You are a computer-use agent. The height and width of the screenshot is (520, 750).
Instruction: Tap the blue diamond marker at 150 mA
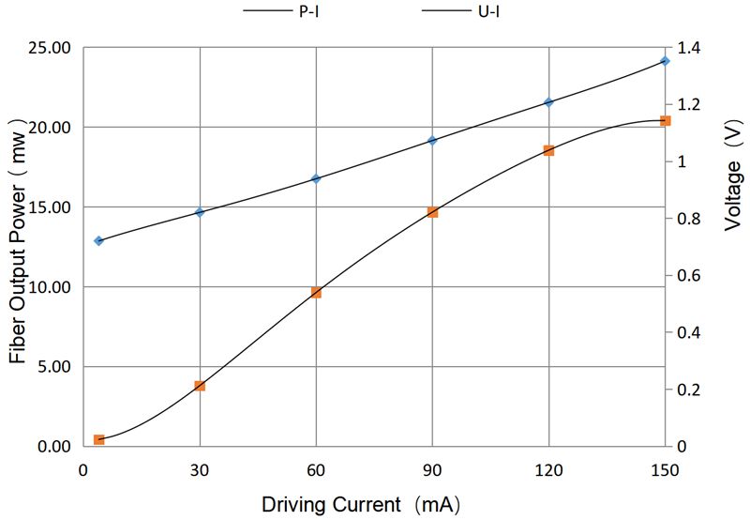665,61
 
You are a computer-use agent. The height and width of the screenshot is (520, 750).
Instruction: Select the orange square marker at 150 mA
665,120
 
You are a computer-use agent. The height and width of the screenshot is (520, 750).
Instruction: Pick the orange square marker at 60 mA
316,293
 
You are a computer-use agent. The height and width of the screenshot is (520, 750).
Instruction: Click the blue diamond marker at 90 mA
432,141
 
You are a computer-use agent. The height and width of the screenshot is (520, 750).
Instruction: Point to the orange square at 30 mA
200,386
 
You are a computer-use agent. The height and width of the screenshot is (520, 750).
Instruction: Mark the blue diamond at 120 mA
548,102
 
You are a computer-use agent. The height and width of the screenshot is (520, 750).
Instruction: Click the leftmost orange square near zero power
98,439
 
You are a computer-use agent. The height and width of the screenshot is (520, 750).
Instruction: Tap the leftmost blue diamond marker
98,241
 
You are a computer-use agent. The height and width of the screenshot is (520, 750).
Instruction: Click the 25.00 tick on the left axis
47,48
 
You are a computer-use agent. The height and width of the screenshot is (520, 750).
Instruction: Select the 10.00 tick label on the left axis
47,287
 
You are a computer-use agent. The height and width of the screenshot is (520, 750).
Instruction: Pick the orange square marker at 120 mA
548,150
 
